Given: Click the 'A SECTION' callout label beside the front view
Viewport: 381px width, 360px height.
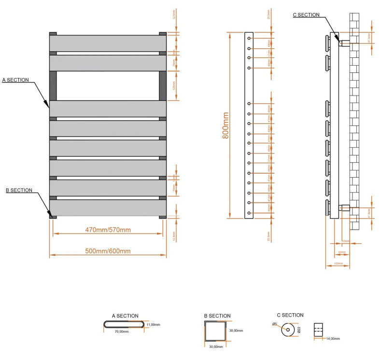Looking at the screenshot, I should coord(15,80).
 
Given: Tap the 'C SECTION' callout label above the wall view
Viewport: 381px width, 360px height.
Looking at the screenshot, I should coord(306,15).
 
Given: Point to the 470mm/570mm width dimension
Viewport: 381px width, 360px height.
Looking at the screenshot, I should coord(108,229).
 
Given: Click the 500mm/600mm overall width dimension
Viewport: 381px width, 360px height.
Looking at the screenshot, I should coord(108,251).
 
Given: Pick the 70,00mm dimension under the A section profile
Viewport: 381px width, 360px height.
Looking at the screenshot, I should coord(121,332).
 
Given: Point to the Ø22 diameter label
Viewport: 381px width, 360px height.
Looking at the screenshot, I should coord(299,330).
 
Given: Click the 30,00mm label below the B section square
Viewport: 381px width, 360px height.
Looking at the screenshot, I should coord(215,346).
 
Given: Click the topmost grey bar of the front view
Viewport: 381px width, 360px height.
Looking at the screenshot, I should coord(108,43).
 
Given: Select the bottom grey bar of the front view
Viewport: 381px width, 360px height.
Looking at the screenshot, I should coord(108,208).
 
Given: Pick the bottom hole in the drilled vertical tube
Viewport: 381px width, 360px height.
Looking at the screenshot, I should coord(249,213).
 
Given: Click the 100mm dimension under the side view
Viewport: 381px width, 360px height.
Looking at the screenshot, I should coord(338,263).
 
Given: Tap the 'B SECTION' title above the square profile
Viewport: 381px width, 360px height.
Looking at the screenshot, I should coord(217,316).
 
